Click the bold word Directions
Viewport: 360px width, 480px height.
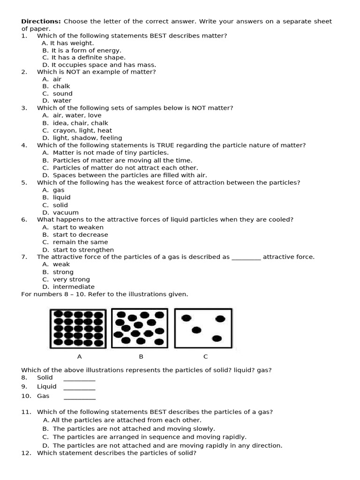[x=41, y=21]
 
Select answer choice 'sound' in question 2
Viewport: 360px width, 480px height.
[x=62, y=93]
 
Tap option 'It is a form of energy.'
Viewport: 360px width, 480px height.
[x=86, y=50]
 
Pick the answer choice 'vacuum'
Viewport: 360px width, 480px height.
[x=66, y=212]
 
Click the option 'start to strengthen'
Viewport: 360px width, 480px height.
[x=83, y=250]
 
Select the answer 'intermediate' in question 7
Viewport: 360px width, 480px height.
[x=74, y=287]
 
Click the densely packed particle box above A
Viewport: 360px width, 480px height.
[x=79, y=328]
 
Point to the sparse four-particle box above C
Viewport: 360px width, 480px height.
[x=203, y=328]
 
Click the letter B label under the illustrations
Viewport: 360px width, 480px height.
[x=141, y=357]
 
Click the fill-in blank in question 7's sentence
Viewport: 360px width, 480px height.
[x=246, y=258]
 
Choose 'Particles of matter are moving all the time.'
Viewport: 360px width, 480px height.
[x=122, y=160]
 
